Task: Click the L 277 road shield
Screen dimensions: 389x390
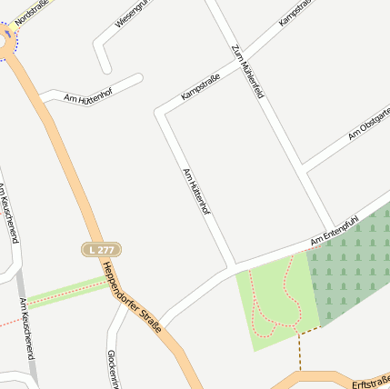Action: [x=101, y=249]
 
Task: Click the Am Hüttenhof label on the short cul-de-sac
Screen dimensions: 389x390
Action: [x=88, y=98]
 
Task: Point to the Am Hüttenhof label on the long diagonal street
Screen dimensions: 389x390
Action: [x=196, y=191]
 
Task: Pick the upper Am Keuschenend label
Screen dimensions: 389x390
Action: [x=8, y=214]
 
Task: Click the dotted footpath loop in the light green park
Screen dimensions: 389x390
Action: [x=275, y=300]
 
